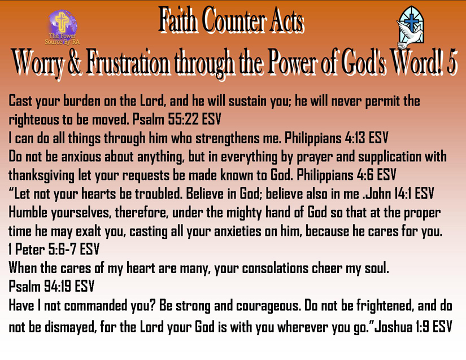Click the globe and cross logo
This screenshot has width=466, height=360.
[62, 24]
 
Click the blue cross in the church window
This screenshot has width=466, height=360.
[411, 21]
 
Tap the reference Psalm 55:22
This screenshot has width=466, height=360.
[166, 119]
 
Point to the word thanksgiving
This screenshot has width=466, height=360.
[41, 175]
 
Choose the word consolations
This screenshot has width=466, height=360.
[275, 268]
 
